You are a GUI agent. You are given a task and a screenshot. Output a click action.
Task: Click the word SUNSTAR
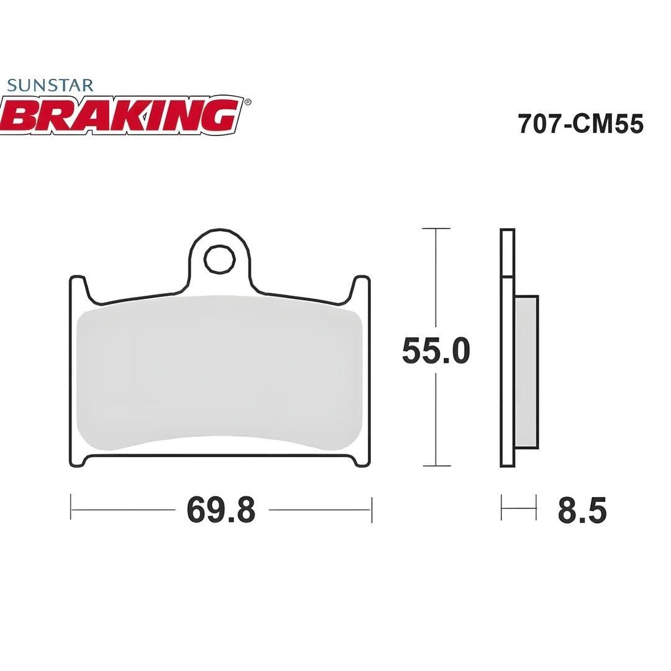point(50,85)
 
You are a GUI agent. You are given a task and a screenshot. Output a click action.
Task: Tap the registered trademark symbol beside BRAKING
point(248,102)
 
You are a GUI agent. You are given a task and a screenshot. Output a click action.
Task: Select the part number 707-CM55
point(580,124)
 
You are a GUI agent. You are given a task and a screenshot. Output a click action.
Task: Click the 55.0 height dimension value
point(436,351)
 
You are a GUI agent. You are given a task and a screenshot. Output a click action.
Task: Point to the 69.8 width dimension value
point(221,510)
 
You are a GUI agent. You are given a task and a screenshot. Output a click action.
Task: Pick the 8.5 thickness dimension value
point(582,510)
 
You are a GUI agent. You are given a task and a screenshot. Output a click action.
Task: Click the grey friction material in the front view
point(219,373)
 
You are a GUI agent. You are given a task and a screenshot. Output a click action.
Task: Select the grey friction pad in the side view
point(526,372)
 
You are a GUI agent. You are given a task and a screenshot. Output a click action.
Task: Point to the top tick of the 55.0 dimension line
point(436,229)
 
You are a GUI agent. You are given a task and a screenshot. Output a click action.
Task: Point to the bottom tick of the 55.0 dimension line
point(436,465)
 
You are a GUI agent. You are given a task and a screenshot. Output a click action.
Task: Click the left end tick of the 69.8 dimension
point(71,508)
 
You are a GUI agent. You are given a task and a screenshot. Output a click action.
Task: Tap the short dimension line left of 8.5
point(518,508)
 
